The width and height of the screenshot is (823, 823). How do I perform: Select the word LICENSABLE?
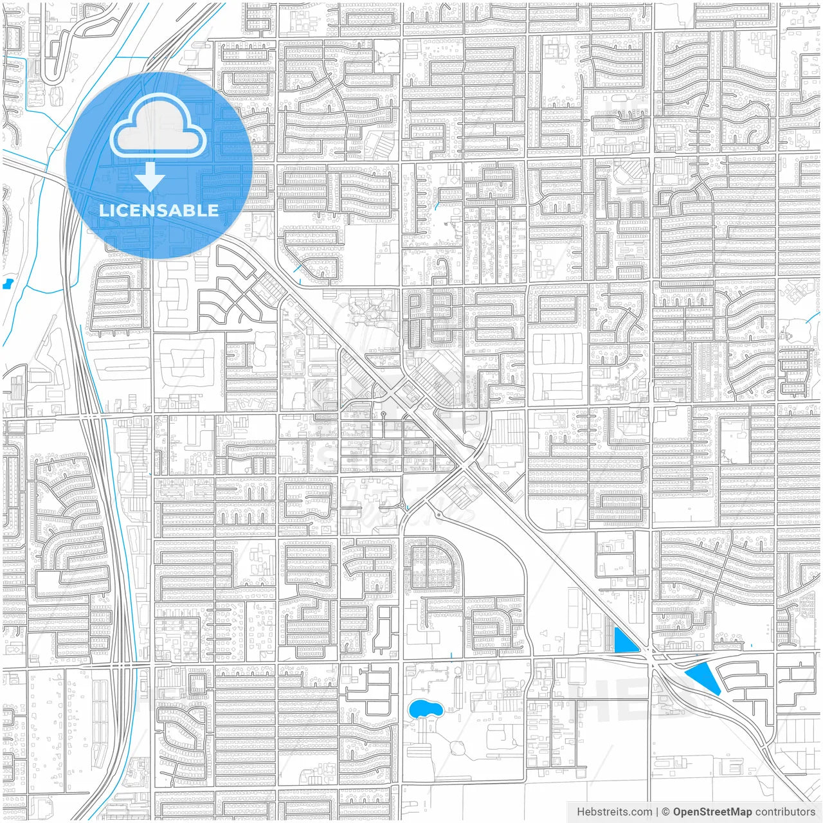click(158, 211)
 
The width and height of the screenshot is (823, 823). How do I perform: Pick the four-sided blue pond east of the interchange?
click(703, 678)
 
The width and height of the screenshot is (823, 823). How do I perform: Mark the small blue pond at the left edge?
click(8, 283)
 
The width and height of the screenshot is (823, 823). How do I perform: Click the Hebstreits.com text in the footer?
click(614, 812)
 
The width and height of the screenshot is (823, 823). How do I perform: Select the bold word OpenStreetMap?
click(712, 812)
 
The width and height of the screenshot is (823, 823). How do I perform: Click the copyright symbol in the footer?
click(665, 812)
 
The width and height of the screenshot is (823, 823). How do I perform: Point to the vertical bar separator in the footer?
click(656, 812)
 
